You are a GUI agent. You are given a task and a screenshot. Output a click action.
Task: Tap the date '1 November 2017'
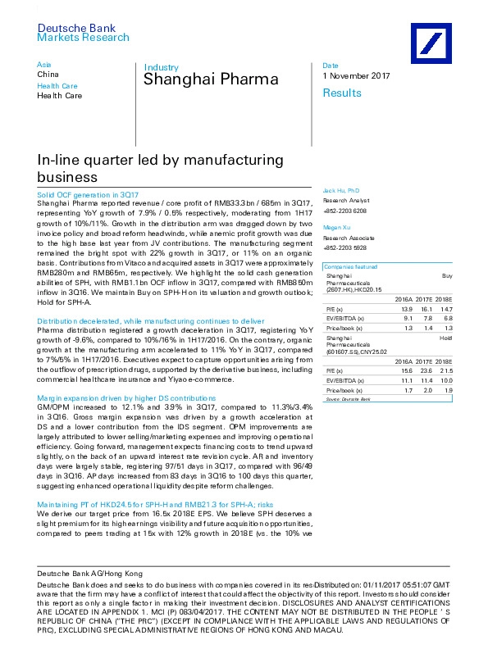click(x=356, y=76)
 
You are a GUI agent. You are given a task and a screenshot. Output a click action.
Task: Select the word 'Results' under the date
click(x=342, y=93)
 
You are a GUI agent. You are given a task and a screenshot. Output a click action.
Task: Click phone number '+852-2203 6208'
click(x=345, y=210)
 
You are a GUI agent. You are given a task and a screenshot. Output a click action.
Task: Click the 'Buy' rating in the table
click(x=447, y=276)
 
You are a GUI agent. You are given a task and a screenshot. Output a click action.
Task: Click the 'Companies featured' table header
click(x=350, y=267)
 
